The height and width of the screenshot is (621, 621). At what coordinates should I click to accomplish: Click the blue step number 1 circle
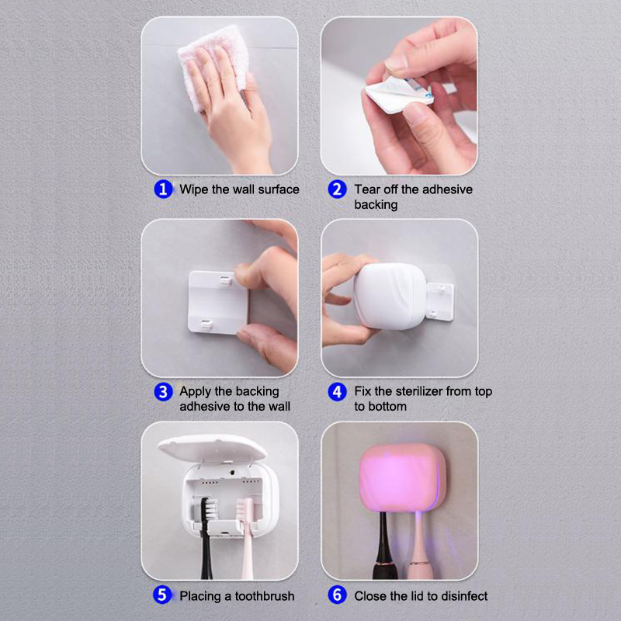click(x=163, y=189)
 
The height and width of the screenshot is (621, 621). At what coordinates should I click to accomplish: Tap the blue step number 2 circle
click(x=338, y=189)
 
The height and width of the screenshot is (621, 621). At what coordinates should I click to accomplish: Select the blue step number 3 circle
click(x=163, y=392)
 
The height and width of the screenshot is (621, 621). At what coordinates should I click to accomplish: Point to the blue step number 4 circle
click(x=338, y=392)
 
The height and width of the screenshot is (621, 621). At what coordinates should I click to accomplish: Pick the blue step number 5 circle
click(x=162, y=595)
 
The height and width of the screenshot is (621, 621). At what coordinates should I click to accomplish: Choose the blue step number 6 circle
click(x=338, y=595)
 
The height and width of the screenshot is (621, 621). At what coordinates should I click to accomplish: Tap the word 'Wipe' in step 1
click(x=193, y=189)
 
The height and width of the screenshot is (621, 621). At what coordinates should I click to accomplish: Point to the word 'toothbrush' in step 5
click(x=265, y=595)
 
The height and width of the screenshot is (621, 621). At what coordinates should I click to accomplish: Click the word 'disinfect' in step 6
click(x=464, y=595)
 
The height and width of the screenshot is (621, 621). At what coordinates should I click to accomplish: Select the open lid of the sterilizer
click(x=212, y=448)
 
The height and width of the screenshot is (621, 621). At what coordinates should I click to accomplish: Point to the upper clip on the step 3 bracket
click(x=225, y=281)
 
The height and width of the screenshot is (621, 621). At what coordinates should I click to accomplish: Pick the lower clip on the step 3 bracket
click(x=206, y=325)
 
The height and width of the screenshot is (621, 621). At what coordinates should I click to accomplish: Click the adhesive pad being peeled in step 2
click(x=399, y=94)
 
